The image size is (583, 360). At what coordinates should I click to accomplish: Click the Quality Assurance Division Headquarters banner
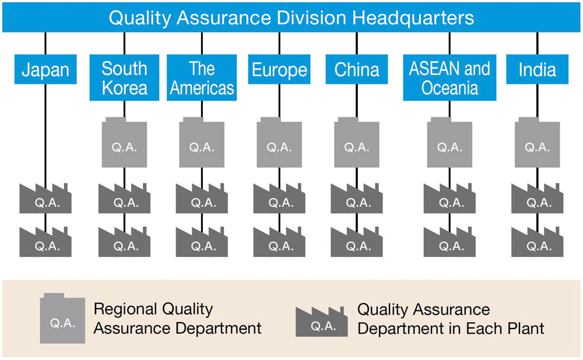pos(291,17)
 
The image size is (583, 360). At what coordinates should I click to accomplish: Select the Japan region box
pos(45,69)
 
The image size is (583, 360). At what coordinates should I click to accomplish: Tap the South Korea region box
pos(124,77)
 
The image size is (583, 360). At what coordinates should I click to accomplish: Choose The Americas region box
pos(202,77)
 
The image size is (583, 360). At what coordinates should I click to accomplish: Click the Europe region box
pos(279,69)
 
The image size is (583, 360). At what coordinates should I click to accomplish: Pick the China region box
pos(357,69)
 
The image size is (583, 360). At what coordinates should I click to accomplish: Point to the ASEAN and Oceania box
pos(449,77)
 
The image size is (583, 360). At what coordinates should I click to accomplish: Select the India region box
pos(538,69)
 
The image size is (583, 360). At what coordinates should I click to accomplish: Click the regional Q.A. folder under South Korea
pos(124,143)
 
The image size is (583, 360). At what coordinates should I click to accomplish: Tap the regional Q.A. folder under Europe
pos(279,143)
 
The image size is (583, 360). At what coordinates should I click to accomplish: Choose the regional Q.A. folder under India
pos(538,143)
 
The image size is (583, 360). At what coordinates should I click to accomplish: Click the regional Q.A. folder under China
pos(357,143)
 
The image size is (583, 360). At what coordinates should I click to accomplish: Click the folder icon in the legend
pos(62,319)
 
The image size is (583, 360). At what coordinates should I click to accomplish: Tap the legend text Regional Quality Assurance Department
pos(177,319)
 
